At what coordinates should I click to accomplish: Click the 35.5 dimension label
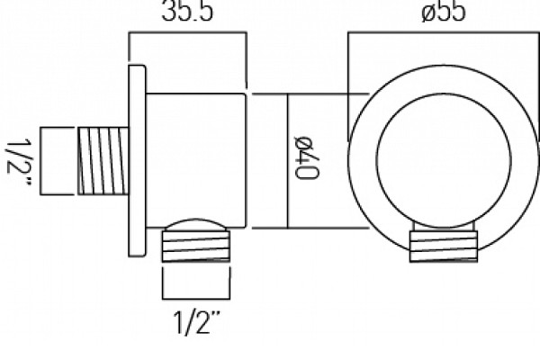click(x=187, y=11)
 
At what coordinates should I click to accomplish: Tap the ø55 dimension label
click(x=444, y=11)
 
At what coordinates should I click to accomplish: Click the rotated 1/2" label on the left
click(x=19, y=162)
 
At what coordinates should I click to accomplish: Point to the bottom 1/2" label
click(x=196, y=322)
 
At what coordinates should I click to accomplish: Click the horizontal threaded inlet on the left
click(x=103, y=161)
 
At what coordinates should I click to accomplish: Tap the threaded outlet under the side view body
click(x=196, y=246)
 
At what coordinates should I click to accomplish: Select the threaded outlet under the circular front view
click(x=444, y=246)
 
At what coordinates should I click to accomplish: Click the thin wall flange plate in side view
click(x=137, y=161)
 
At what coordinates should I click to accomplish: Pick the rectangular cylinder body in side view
click(x=196, y=160)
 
